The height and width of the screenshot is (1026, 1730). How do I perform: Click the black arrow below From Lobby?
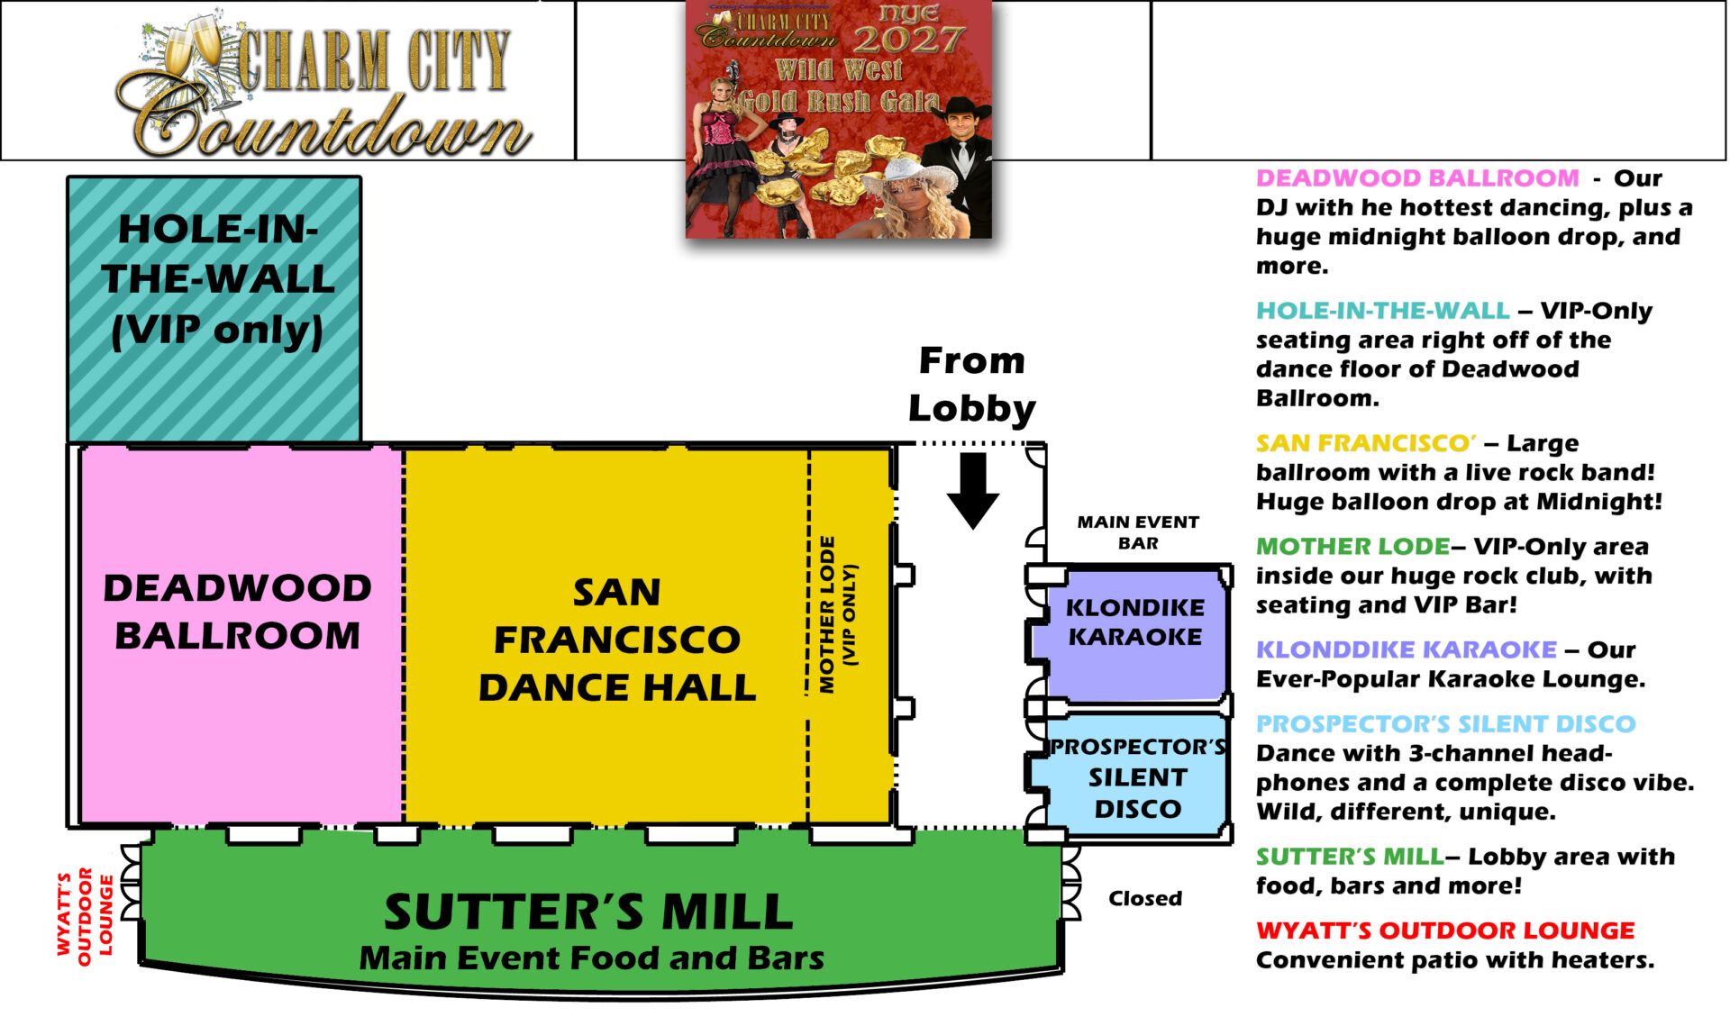pyautogui.click(x=973, y=489)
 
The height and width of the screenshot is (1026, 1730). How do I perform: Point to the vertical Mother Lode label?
pyautogui.click(x=838, y=615)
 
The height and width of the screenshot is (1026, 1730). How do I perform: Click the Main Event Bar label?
pyautogui.click(x=1138, y=532)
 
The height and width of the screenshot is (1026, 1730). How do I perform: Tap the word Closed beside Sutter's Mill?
pyautogui.click(x=1145, y=898)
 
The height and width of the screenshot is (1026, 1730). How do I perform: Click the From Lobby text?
pyautogui.click(x=971, y=385)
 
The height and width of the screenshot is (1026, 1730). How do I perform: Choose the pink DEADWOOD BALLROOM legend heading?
pyautogui.click(x=1417, y=178)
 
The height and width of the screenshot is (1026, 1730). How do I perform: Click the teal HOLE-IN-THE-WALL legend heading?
pyautogui.click(x=1383, y=311)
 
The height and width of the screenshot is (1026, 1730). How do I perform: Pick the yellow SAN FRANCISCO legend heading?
pyautogui.click(x=1366, y=443)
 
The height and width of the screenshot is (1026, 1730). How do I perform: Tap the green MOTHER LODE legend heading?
pyautogui.click(x=1352, y=547)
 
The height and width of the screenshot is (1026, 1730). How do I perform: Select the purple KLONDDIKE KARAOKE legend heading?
pyautogui.click(x=1407, y=649)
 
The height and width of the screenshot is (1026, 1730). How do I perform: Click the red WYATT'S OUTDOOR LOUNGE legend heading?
pyautogui.click(x=1445, y=931)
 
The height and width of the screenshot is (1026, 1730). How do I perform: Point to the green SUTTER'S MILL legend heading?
pyautogui.click(x=1350, y=857)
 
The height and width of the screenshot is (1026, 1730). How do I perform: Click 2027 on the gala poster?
pyautogui.click(x=908, y=40)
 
